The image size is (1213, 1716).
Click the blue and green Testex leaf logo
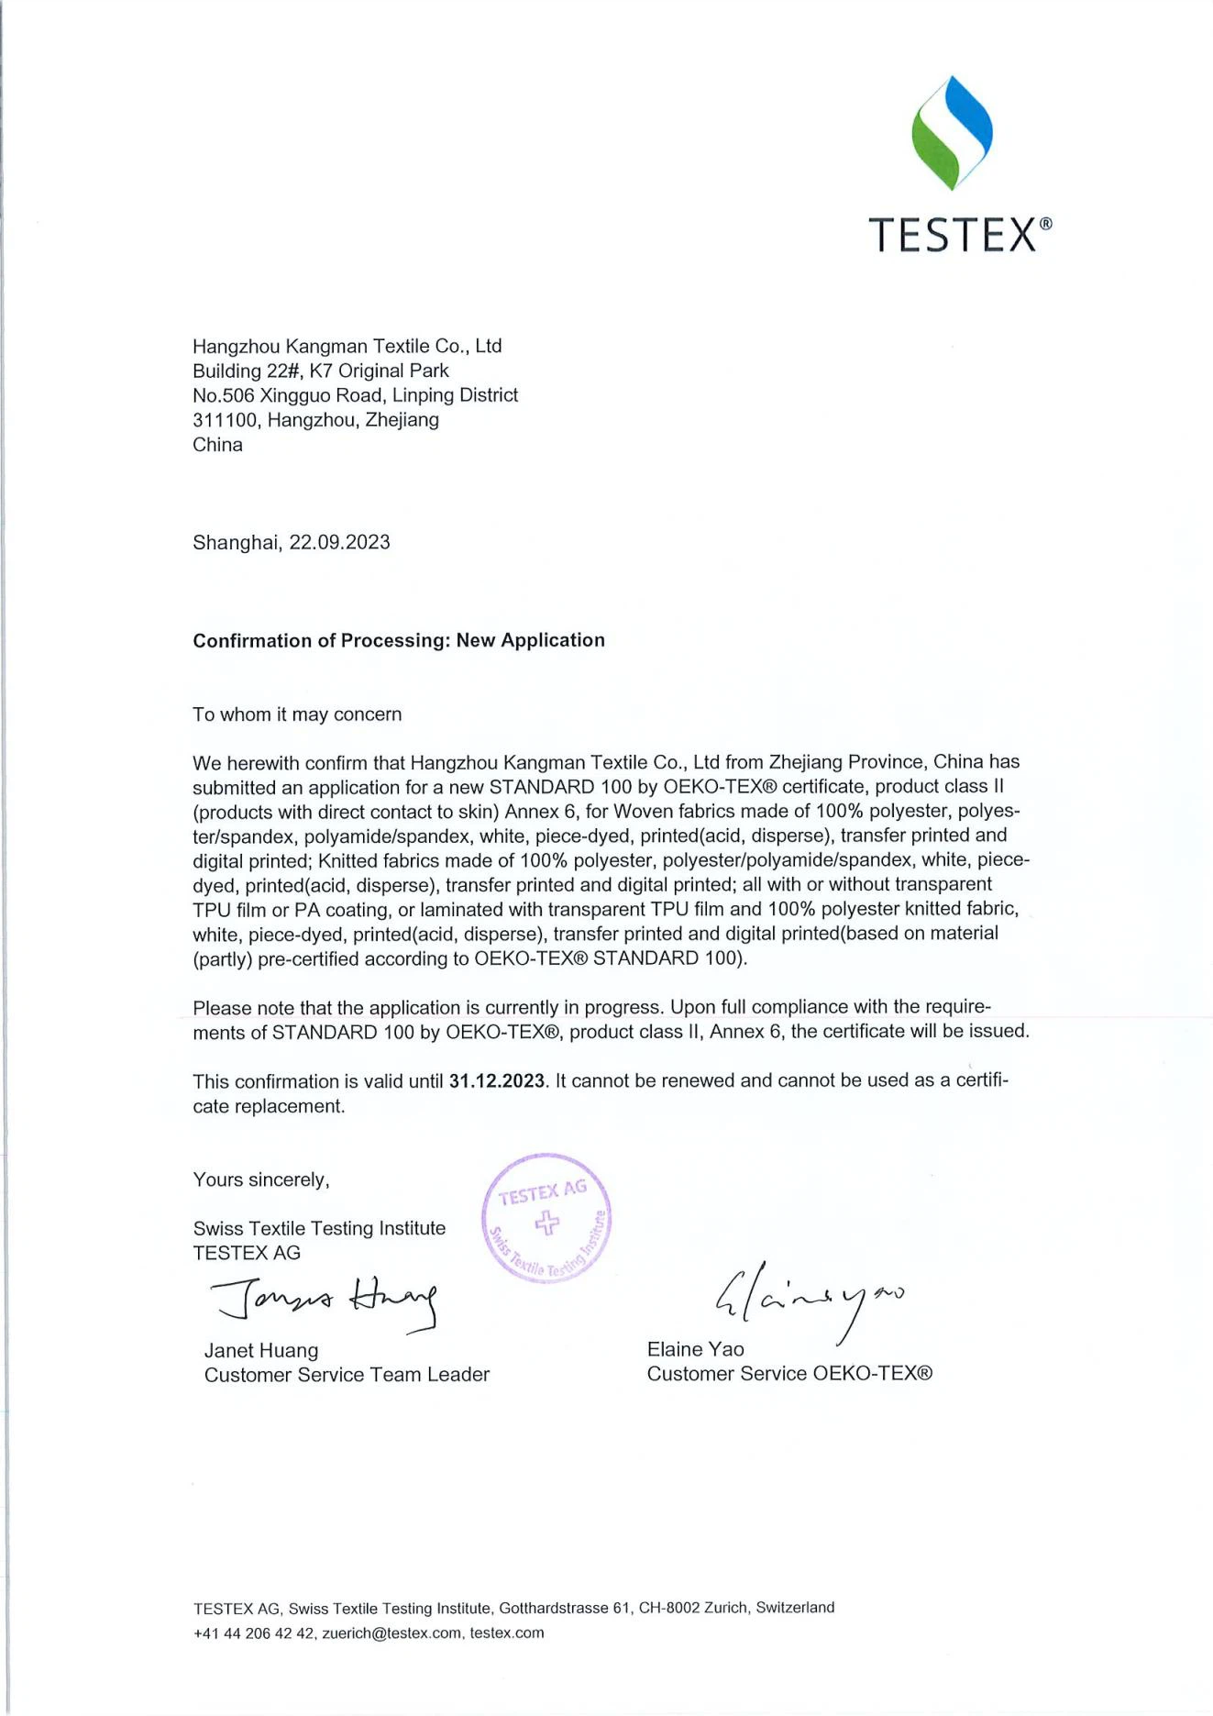952,133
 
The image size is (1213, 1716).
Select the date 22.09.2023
339,542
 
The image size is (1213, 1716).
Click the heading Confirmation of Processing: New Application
399,640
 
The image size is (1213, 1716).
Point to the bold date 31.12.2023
497,1080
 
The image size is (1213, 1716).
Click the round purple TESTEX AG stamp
547,1218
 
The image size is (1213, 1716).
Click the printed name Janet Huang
261,1350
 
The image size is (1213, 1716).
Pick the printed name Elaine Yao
695,1349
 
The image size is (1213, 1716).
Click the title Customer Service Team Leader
347,1375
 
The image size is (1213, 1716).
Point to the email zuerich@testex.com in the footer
391,1633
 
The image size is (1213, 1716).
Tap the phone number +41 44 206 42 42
254,1633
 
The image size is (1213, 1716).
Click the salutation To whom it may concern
297,714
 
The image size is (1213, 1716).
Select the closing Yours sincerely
260,1179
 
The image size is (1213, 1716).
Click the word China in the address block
217,445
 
